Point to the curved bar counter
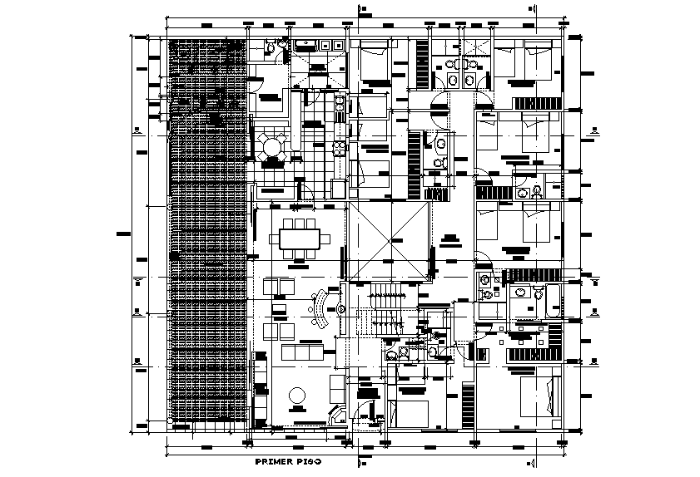click(320, 308)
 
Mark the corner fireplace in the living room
click(338, 416)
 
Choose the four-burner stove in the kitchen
click(340, 150)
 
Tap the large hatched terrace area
click(208, 233)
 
